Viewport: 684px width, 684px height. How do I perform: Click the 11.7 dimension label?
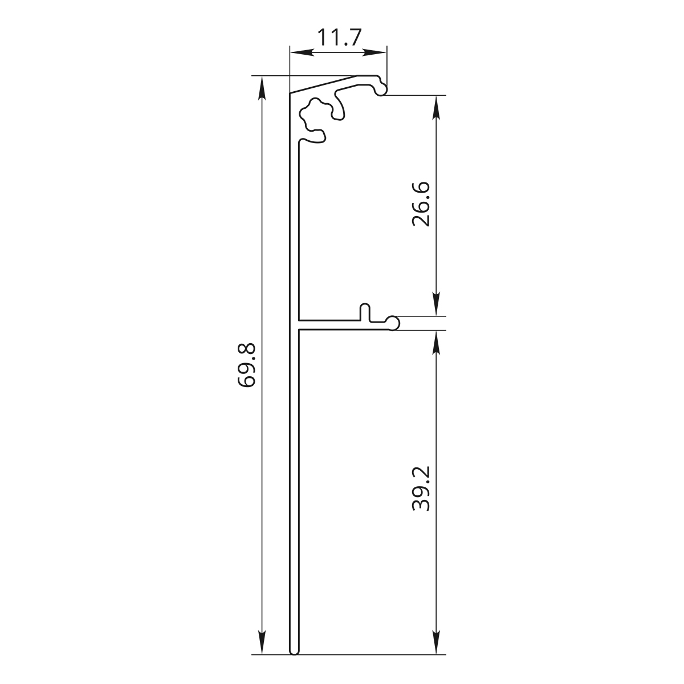(x=339, y=38)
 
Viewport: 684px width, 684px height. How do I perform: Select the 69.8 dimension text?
(x=246, y=365)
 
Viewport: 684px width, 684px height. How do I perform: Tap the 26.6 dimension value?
(x=421, y=204)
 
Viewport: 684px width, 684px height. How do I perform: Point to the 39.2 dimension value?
(x=421, y=488)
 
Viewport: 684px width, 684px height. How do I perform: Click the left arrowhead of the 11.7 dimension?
(x=302, y=53)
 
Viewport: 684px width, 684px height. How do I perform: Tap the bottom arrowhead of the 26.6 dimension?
(x=437, y=304)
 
